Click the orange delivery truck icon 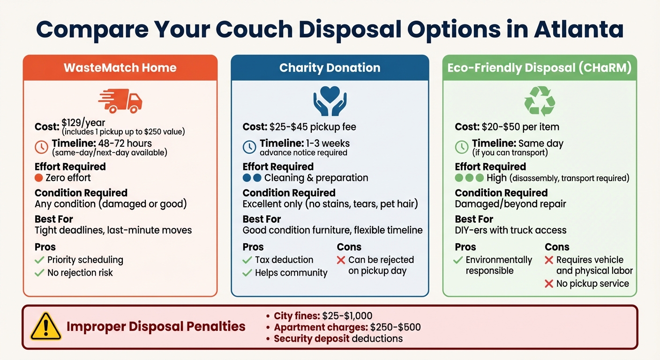pyautogui.click(x=120, y=100)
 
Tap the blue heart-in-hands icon pyautogui.click(x=330, y=100)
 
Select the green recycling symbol pyautogui.click(x=540, y=100)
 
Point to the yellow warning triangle pyautogui.click(x=45, y=326)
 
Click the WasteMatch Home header pyautogui.click(x=120, y=67)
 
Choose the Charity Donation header pyautogui.click(x=330, y=67)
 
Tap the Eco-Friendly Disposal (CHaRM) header pyautogui.click(x=540, y=67)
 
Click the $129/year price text pyautogui.click(x=83, y=123)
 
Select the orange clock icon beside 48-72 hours pyautogui.click(x=41, y=147)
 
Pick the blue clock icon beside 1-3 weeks pyautogui.click(x=249, y=147)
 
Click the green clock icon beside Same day pyautogui.click(x=462, y=147)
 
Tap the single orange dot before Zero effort pyautogui.click(x=39, y=178)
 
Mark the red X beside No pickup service pyautogui.click(x=549, y=284)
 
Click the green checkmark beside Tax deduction pyautogui.click(x=247, y=260)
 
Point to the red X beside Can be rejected pyautogui.click(x=341, y=260)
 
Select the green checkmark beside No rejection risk pyautogui.click(x=39, y=273)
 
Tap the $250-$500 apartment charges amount pyautogui.click(x=395, y=327)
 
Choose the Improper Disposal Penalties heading pyautogui.click(x=156, y=326)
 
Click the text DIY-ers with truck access pyautogui.click(x=510, y=230)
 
